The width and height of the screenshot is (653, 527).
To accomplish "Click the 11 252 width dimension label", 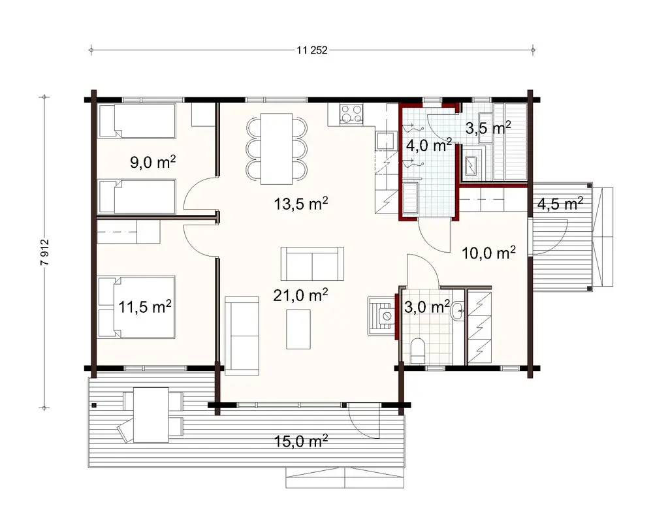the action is (x=312, y=50).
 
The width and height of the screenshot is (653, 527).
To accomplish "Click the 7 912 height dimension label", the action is (x=46, y=253).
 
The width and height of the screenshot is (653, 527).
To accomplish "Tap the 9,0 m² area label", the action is (x=153, y=162).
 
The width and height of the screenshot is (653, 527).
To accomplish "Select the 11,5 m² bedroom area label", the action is (x=145, y=307).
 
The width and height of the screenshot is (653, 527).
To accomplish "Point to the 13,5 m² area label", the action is (x=300, y=204).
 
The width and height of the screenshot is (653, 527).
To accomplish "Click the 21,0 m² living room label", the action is (x=300, y=295).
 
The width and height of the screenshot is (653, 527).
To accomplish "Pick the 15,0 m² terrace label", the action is (x=300, y=441).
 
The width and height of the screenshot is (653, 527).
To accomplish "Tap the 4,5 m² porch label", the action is (x=560, y=204).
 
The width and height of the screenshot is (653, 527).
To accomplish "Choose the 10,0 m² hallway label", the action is (x=489, y=253).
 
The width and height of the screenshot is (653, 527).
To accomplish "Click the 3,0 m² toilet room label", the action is (x=427, y=307).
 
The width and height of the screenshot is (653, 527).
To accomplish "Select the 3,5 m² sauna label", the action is (x=488, y=128).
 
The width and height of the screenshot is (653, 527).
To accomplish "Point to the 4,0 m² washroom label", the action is (x=429, y=146).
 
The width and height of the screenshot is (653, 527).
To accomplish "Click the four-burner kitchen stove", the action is (x=351, y=114).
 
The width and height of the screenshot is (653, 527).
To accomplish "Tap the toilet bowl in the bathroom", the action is (x=417, y=351).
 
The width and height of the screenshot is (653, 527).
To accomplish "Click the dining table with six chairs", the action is (x=276, y=149).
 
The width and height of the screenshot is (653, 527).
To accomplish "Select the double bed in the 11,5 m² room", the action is (x=136, y=307).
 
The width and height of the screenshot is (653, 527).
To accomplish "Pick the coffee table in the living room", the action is (x=298, y=328).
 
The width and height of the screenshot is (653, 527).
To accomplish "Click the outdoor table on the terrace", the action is (x=151, y=415).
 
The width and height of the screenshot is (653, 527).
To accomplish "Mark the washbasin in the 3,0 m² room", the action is (x=458, y=311).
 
